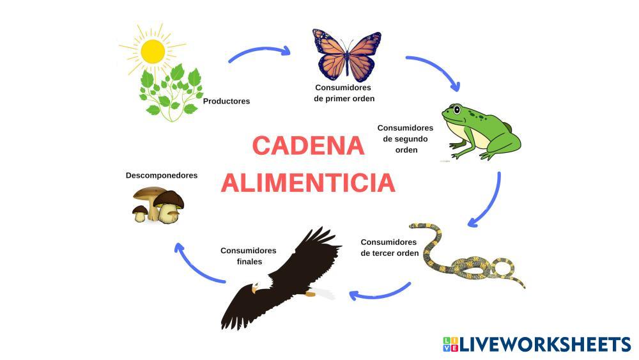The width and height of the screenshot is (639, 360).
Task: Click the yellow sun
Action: click(x=153, y=51)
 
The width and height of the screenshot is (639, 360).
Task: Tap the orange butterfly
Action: click(x=346, y=56)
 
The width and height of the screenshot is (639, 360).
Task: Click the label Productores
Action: click(x=226, y=101)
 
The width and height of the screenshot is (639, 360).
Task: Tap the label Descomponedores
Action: click(x=162, y=175)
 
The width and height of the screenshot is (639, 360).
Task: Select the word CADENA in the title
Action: click(x=308, y=146)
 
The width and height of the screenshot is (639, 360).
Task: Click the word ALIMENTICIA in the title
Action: click(x=308, y=183)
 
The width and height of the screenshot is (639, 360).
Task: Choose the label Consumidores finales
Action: click(x=249, y=256)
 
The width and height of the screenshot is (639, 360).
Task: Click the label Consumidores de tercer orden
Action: click(x=389, y=247)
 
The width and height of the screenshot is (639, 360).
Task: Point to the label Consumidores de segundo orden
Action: click(x=405, y=139)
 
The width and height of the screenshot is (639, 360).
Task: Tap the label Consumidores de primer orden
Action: click(x=344, y=93)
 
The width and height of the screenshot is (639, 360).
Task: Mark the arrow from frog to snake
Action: click(x=489, y=201)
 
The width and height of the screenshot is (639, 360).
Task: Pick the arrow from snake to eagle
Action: click(x=380, y=293)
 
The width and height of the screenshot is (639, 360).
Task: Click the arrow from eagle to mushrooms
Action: click(x=195, y=264)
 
